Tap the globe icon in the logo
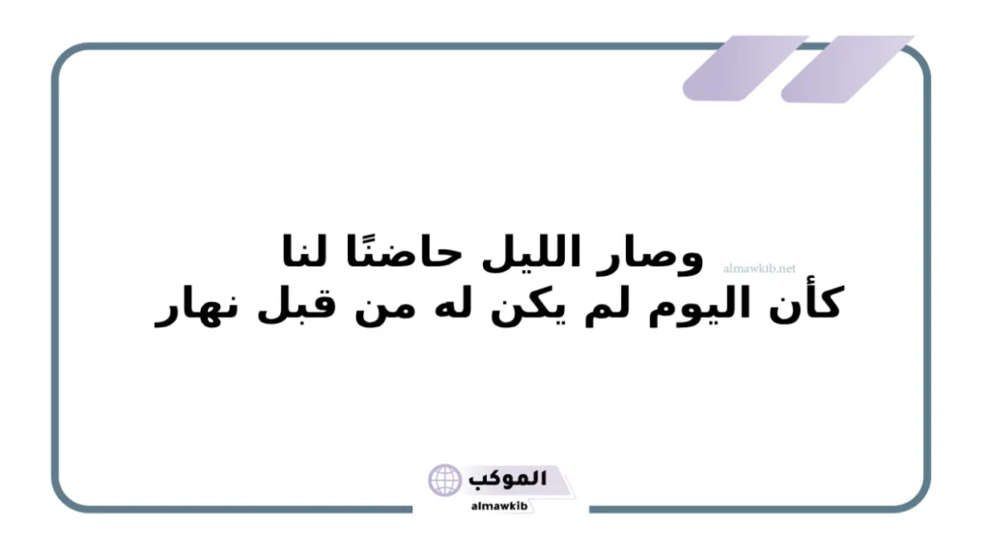tap(445, 480)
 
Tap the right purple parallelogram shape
tap(846, 69)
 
